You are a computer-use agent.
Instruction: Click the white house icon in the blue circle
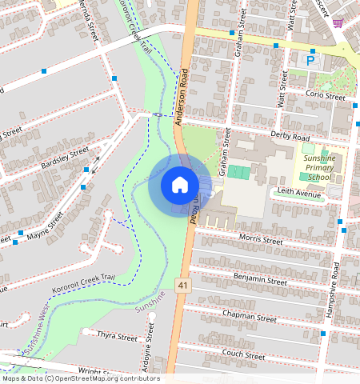(x=180, y=185)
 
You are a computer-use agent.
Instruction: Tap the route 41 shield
(x=183, y=284)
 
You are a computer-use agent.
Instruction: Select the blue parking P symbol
(x=308, y=59)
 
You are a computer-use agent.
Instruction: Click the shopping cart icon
(x=338, y=22)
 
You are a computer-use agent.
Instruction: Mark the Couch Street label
(x=244, y=354)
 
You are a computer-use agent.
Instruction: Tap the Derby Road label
(x=290, y=137)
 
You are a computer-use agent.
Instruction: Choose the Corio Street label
(x=325, y=95)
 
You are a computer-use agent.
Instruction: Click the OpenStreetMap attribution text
(x=80, y=379)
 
